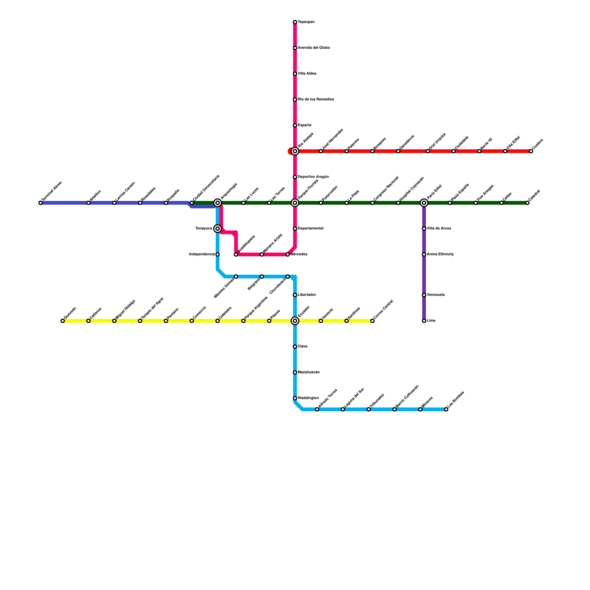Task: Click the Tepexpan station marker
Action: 295,22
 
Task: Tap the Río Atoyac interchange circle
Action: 295,151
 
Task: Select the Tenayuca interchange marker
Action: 218,229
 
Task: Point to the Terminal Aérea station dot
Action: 41,203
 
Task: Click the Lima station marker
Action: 424,321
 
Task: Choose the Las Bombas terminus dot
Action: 446,409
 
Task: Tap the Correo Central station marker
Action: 372,321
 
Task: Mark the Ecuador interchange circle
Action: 295,321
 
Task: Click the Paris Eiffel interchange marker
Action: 424,203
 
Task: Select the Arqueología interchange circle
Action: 218,203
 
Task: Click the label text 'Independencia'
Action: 202,254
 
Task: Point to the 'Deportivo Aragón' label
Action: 313,177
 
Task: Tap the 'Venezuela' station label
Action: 435,295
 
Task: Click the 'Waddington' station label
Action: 308,398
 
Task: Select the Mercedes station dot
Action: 288,254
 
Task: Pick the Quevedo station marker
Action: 63,321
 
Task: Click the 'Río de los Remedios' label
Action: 316,100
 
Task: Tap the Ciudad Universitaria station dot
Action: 192,203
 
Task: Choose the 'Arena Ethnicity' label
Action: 440,254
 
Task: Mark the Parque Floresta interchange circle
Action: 295,203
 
